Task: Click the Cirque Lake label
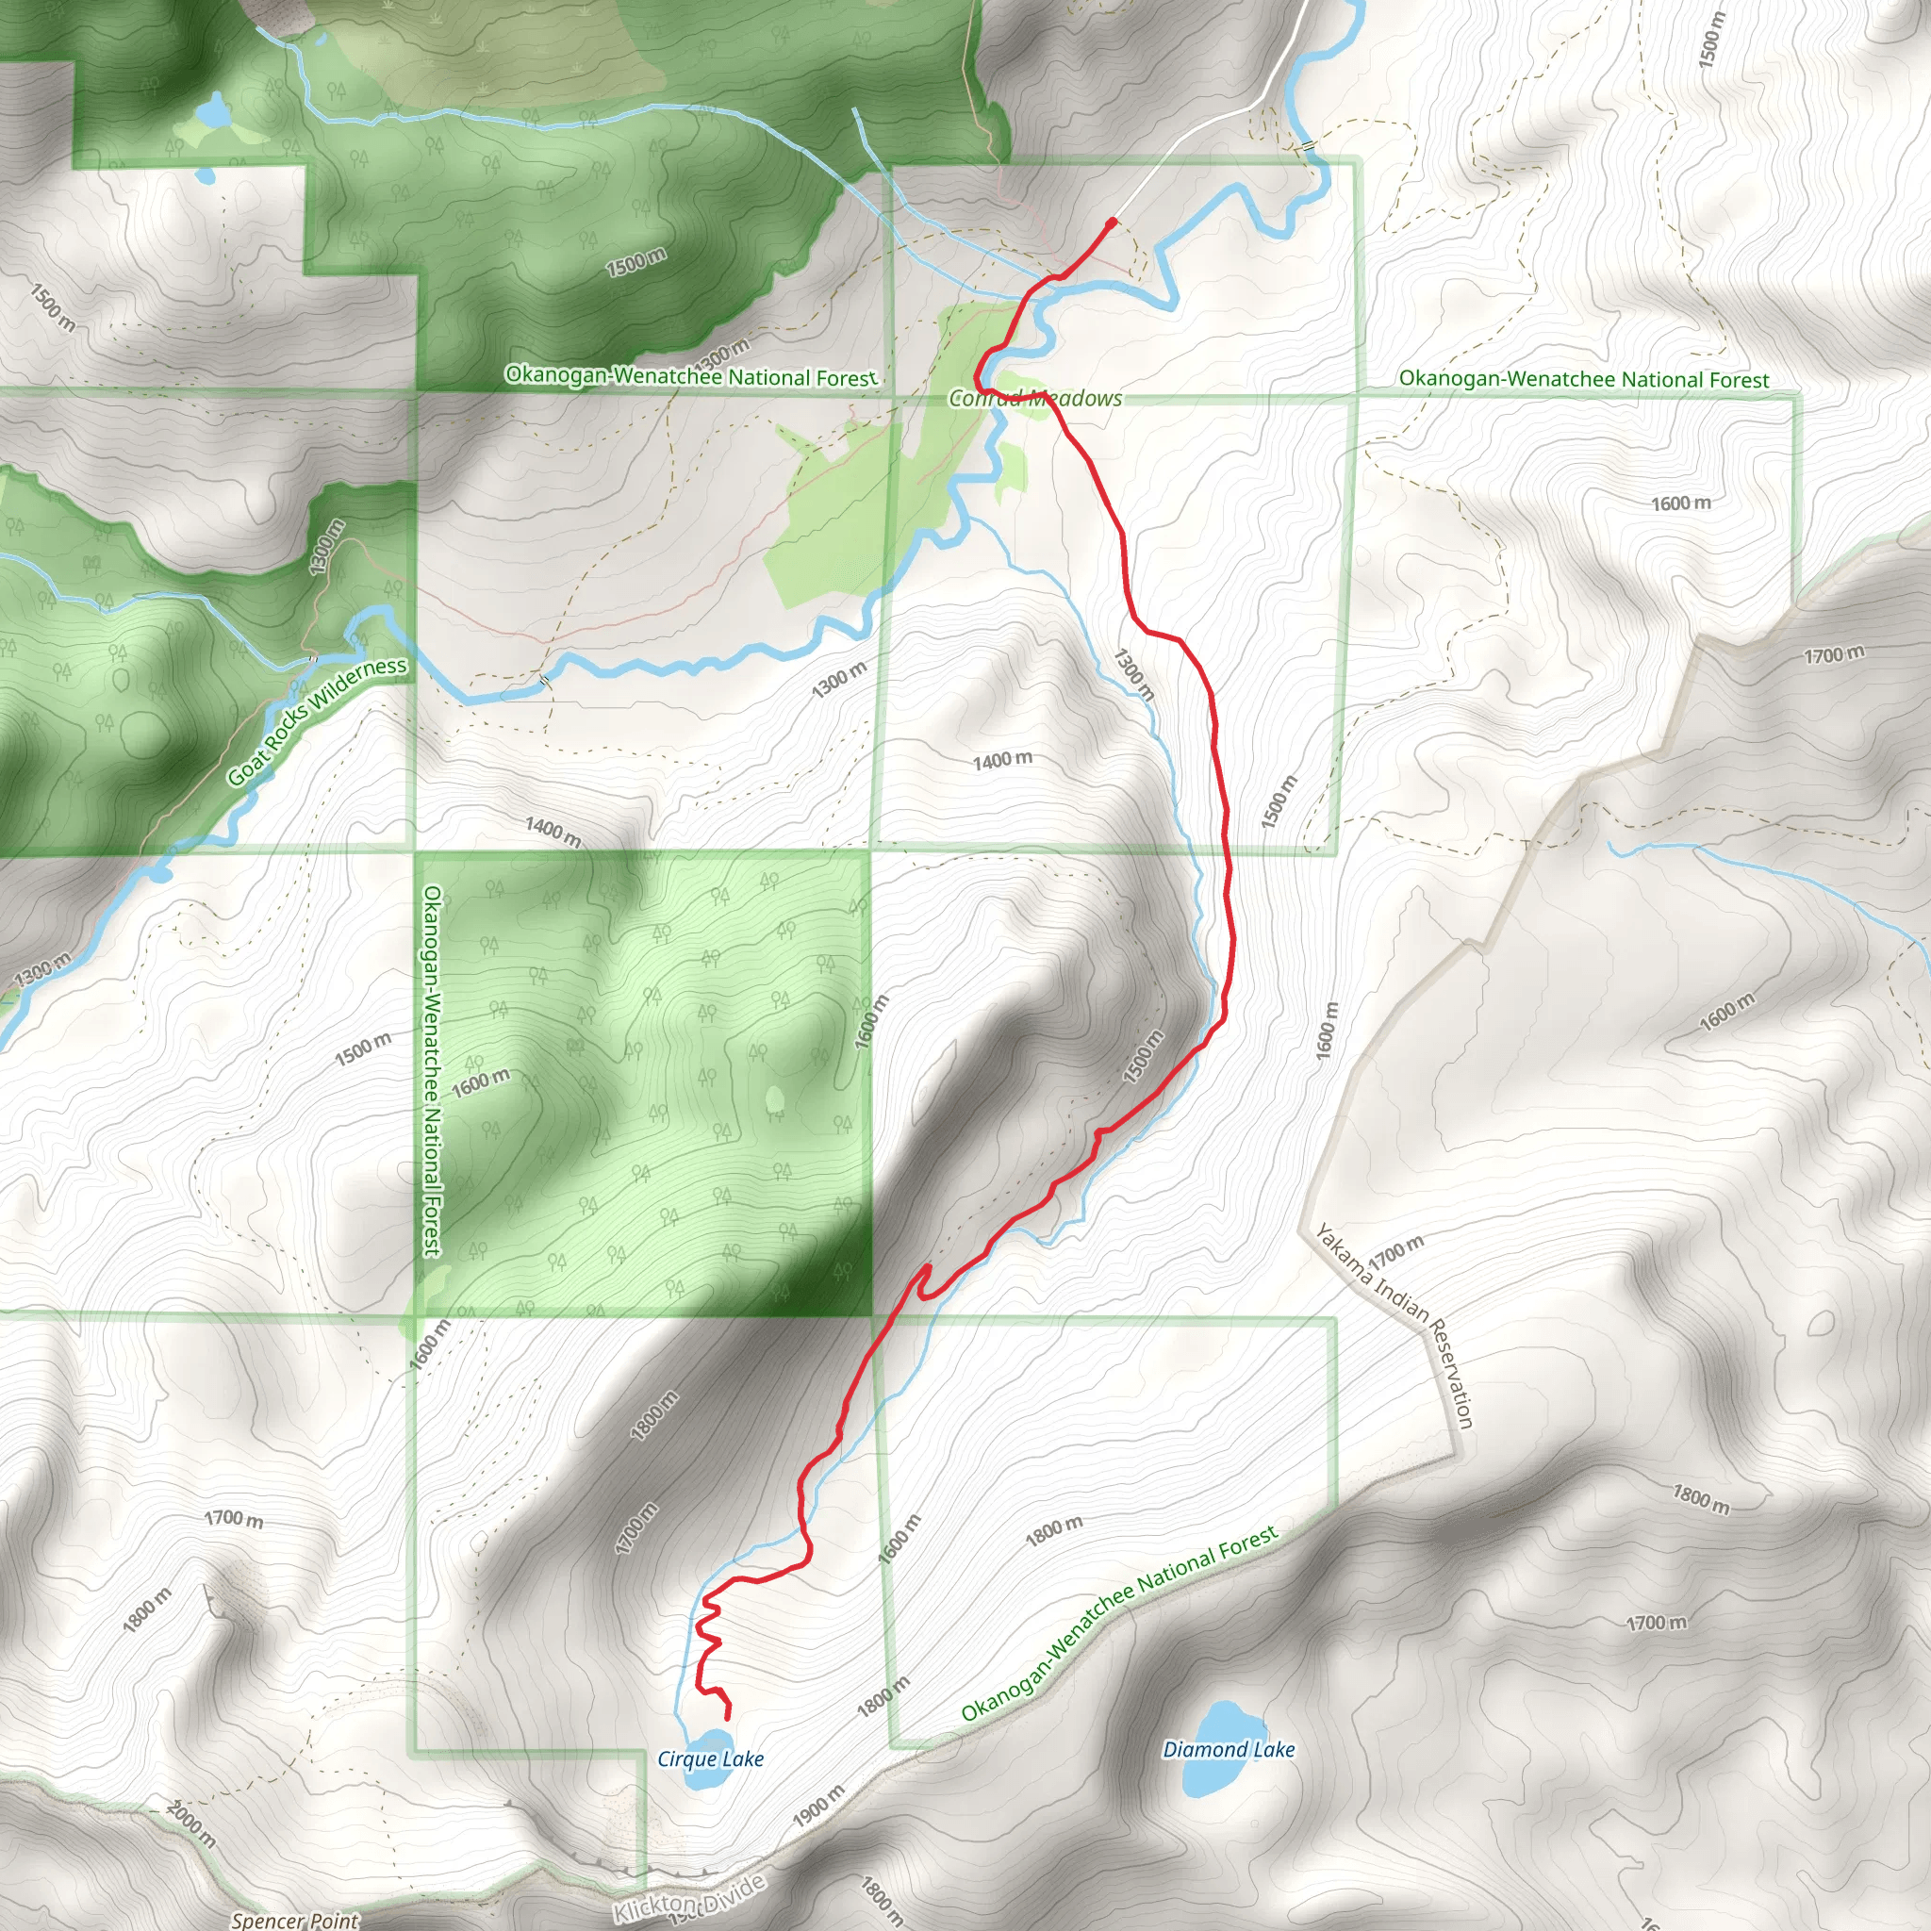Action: (711, 1759)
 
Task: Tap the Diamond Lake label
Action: (1229, 1749)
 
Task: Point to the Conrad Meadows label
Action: (1035, 398)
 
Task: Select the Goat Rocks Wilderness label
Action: (317, 720)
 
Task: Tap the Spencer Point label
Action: (295, 1920)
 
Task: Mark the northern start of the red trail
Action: (1113, 221)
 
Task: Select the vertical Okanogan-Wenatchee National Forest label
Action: (433, 1069)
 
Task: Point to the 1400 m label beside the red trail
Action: (1002, 761)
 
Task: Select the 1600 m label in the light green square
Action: (481, 1082)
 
